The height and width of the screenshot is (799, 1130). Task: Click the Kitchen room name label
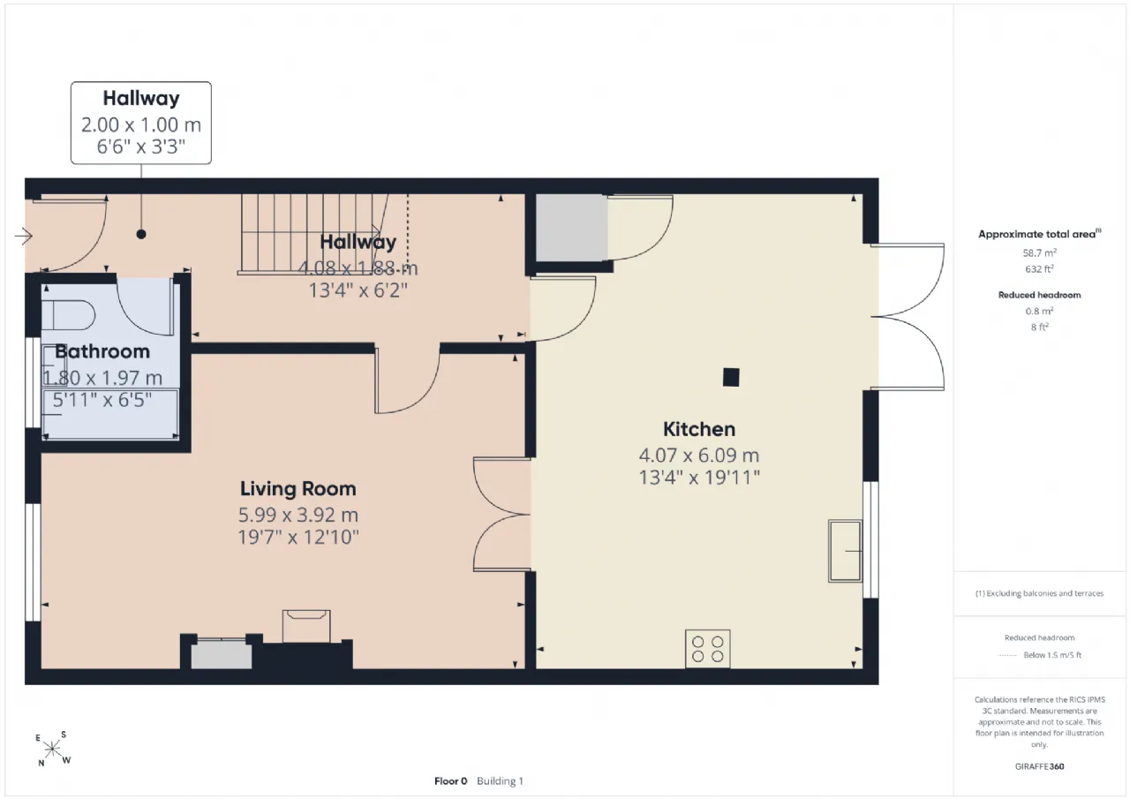click(x=698, y=429)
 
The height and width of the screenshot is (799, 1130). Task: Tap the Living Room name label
click(x=298, y=489)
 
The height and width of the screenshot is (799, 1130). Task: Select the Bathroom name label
click(x=102, y=351)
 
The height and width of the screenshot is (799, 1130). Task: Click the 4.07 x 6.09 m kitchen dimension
click(x=698, y=456)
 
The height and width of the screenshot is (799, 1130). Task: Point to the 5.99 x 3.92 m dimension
click(x=298, y=515)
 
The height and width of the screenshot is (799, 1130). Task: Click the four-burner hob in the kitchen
click(x=707, y=649)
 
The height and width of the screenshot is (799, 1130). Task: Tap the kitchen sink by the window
click(x=845, y=551)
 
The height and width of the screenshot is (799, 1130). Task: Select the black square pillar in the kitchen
click(x=731, y=377)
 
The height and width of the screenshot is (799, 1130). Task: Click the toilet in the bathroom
click(x=68, y=315)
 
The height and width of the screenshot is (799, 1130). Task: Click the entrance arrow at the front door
click(x=24, y=236)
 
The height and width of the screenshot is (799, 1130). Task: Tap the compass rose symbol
click(x=52, y=749)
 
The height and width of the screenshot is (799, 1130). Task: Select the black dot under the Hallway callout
click(x=141, y=234)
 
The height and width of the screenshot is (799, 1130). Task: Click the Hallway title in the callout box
click(x=141, y=98)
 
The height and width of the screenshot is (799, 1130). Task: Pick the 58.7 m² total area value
click(x=1039, y=253)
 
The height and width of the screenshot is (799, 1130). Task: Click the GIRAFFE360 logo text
click(x=1039, y=766)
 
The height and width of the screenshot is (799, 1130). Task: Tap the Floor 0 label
click(x=450, y=780)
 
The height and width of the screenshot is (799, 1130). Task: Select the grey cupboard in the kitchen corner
click(x=571, y=228)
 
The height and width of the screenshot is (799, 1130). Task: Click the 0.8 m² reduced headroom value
click(x=1039, y=312)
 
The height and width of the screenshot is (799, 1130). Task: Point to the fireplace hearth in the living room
click(x=306, y=626)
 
